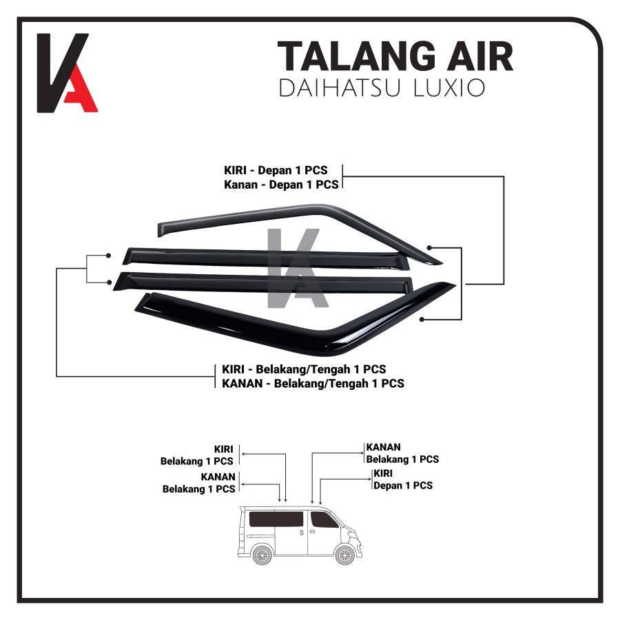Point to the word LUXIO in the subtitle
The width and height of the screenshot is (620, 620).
tap(449, 87)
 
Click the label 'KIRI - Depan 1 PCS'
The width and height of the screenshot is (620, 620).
tap(276, 170)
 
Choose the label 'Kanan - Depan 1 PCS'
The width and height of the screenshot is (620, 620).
tap(281, 185)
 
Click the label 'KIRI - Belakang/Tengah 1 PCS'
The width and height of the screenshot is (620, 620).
tap(304, 369)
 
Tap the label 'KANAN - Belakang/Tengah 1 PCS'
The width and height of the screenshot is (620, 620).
tap(313, 384)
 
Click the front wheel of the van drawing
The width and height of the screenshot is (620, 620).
tap(345, 555)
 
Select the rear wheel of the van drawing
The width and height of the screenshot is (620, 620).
tap(262, 555)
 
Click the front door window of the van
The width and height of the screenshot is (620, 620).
tap(324, 519)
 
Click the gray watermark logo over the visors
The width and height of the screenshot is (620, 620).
tap(298, 268)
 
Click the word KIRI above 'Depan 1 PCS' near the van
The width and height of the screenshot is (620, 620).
tap(383, 473)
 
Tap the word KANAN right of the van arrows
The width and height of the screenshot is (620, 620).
tap(383, 447)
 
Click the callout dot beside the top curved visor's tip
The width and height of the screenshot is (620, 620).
tap(429, 248)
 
